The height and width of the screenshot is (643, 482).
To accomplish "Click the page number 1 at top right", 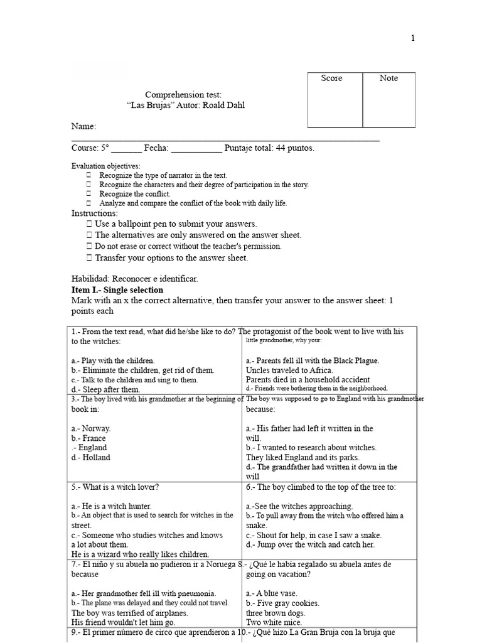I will point(412,38).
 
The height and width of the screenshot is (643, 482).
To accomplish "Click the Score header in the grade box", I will point(331,78).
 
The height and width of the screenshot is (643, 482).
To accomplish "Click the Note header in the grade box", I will point(388,78).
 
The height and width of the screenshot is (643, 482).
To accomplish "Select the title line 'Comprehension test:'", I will point(183,94).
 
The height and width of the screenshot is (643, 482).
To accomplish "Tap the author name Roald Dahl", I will point(223,105).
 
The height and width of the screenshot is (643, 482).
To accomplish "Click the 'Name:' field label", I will point(83,127).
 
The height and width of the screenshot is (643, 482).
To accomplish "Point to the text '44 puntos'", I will point(294,148).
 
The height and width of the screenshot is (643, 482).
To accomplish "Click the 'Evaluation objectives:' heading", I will point(106,166).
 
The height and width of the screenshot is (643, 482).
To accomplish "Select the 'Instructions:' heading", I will point(94,213).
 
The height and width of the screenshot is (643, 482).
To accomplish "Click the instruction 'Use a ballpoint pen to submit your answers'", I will point(175,224).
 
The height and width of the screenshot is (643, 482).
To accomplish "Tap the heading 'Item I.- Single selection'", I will point(117,290).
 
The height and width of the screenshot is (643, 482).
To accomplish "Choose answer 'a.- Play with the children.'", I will point(113,361).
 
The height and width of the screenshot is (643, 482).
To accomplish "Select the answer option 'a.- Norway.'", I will point(91,428).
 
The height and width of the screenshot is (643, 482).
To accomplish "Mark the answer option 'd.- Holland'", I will point(91,457).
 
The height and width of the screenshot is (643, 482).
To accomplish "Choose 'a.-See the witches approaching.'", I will point(299,506).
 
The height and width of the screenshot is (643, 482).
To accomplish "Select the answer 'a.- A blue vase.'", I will point(272,593).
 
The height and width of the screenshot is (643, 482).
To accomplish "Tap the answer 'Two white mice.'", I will point(274,622).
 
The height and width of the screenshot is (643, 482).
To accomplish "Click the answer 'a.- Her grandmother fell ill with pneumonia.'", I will point(144,593).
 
